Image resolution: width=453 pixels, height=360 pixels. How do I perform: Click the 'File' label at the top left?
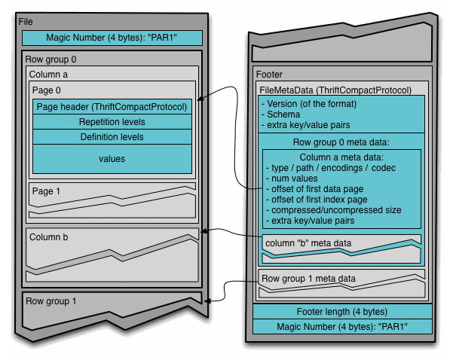coord(26,21)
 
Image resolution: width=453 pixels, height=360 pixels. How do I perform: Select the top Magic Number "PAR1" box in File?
coord(112,37)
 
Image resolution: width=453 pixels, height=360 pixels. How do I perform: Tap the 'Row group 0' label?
coord(51,59)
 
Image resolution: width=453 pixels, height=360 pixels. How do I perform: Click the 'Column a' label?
coord(49,75)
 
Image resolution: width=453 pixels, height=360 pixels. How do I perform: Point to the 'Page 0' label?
coord(47,90)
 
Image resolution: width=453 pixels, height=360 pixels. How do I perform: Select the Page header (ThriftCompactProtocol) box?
coord(112,106)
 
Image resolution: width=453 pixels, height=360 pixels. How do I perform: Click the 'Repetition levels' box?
coord(112,122)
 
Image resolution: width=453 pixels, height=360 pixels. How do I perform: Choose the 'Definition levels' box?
coord(112,137)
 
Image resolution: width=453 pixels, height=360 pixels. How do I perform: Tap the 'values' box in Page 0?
coord(112,159)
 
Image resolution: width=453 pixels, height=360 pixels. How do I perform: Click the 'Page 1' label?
coord(47,191)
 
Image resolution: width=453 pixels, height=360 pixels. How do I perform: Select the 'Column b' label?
coord(49,237)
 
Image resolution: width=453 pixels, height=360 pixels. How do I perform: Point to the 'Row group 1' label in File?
coord(51,301)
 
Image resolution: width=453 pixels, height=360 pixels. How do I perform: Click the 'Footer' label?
coord(270,75)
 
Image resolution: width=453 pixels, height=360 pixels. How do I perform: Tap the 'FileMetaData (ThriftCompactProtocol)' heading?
coord(335,90)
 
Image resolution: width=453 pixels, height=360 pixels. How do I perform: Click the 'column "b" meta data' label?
coord(308,243)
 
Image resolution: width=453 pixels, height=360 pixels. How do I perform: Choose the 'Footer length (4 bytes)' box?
coord(342,311)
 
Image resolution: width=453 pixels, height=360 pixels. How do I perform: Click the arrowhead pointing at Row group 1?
coord(209,300)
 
